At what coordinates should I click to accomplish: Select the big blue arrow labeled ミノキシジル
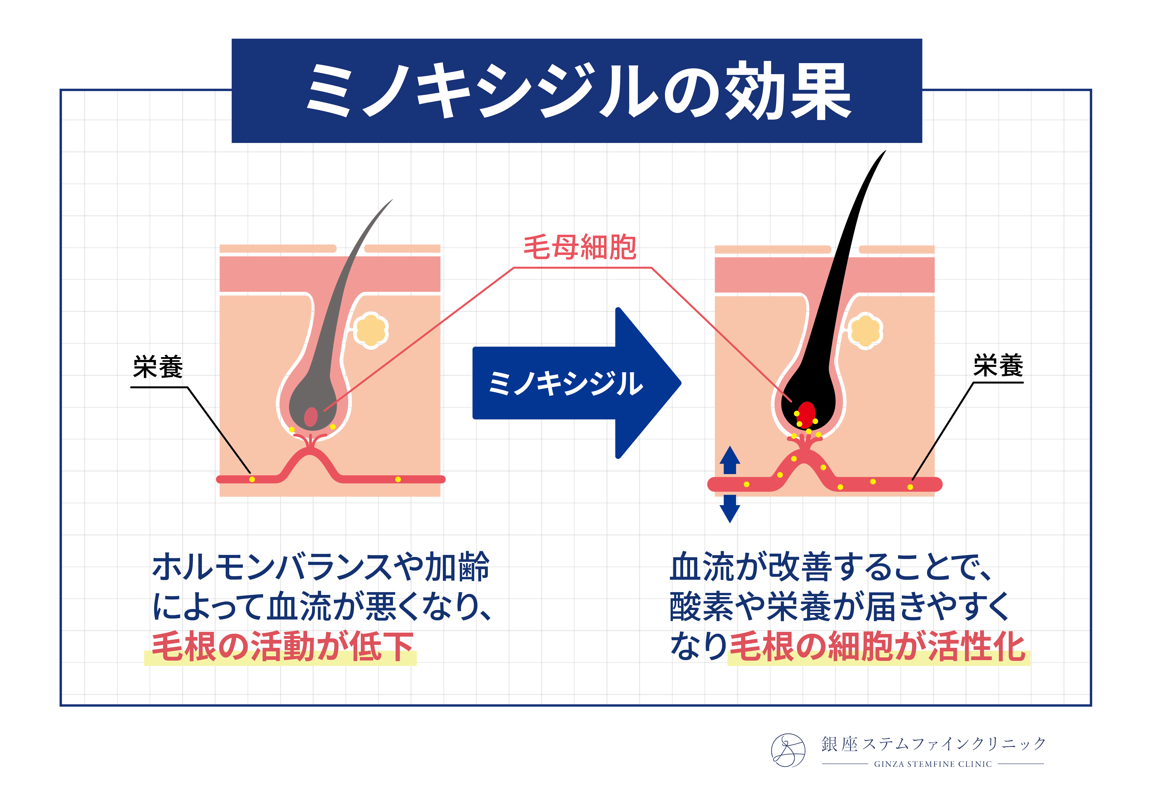pos(576,383)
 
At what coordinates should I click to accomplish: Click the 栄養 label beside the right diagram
pos(998,366)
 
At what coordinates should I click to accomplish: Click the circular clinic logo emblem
pos(788,750)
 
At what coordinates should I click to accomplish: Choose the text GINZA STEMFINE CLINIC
pos(933,764)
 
